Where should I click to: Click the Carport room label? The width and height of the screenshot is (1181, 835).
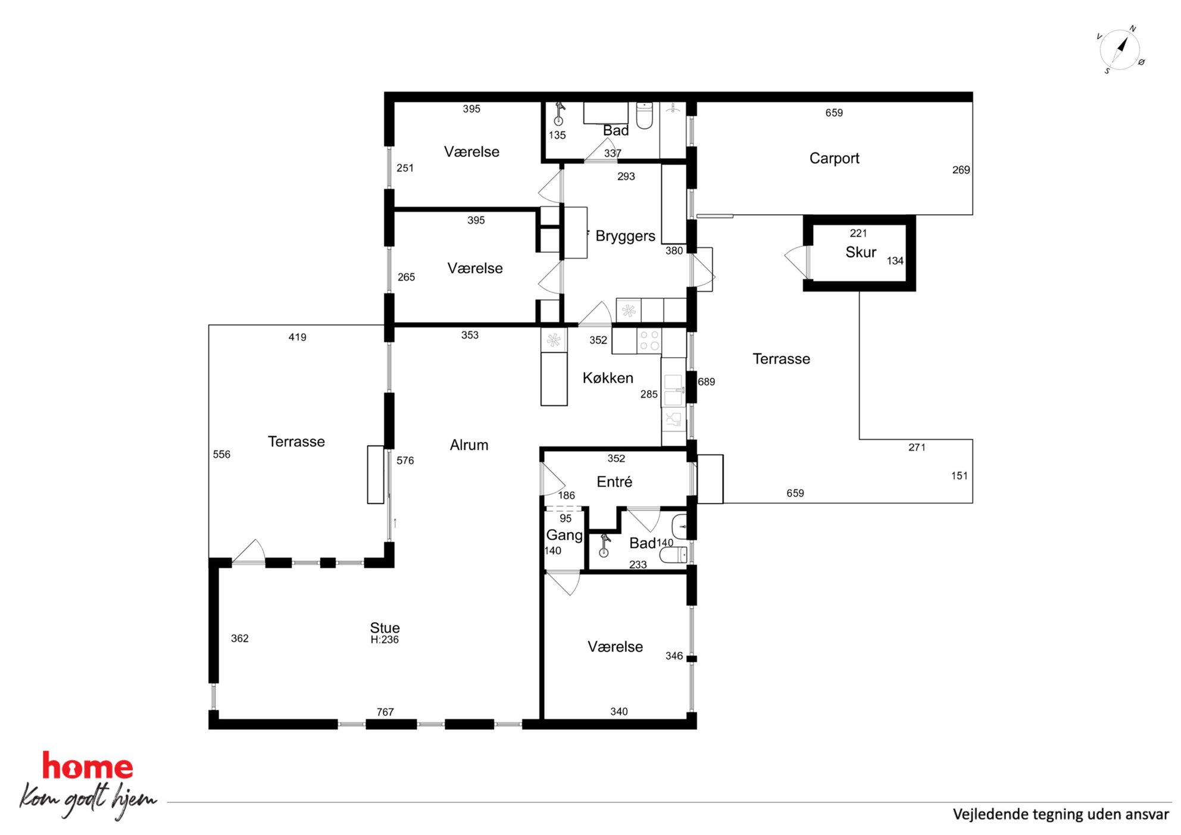[834, 158]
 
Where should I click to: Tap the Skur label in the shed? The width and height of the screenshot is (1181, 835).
[861, 252]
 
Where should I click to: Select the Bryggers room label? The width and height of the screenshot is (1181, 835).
[625, 236]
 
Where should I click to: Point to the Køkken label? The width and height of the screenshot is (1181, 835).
[608, 378]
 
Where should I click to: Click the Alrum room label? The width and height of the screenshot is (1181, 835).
[469, 445]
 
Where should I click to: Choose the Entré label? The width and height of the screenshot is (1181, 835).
[614, 481]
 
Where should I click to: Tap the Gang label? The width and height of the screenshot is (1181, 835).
[564, 536]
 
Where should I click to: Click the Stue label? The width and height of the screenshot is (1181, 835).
[385, 627]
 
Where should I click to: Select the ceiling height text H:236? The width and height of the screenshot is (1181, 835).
[385, 640]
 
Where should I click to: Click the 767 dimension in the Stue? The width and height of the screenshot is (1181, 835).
[385, 712]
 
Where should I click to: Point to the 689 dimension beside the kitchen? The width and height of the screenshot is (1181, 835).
[707, 381]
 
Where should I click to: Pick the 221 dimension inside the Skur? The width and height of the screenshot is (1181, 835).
[858, 233]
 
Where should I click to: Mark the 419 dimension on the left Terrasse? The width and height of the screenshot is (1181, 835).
[298, 337]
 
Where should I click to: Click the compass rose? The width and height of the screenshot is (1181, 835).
[1120, 50]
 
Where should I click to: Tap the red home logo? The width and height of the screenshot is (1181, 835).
[88, 766]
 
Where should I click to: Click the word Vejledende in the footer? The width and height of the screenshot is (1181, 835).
[989, 814]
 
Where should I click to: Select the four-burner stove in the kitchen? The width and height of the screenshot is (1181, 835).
[649, 341]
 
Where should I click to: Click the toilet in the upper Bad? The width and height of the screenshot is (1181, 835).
[645, 115]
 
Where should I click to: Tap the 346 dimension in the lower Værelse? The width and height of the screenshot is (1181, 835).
[674, 656]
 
